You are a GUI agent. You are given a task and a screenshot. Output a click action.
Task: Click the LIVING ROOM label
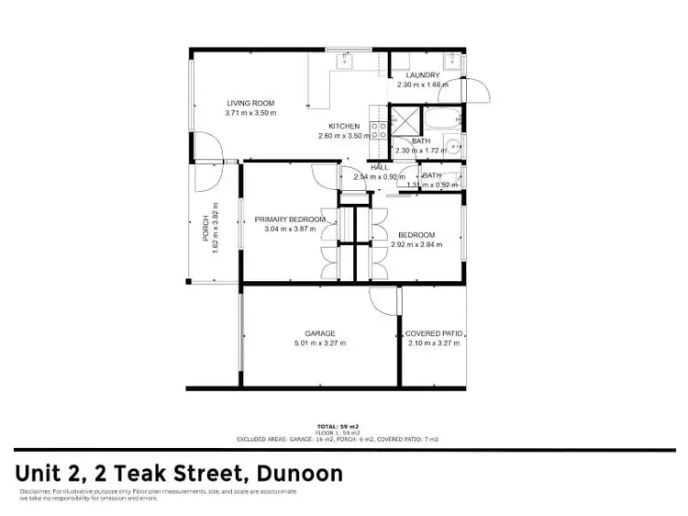click(x=250, y=103)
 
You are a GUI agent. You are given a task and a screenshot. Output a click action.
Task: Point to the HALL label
click(x=365, y=166)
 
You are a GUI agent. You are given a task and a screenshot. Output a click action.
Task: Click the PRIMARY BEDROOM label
click(x=290, y=219)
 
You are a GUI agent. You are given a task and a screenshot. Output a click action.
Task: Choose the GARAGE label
click(x=320, y=333)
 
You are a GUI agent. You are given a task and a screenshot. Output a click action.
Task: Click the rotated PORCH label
click(x=205, y=228)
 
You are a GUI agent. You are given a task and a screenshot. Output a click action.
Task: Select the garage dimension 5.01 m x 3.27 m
click(x=320, y=343)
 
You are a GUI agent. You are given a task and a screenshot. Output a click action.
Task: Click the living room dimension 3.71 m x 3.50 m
click(x=250, y=113)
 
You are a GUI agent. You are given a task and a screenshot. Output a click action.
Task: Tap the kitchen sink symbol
click(x=346, y=62)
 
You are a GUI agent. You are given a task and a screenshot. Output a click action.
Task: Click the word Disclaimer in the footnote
click(x=33, y=492)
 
